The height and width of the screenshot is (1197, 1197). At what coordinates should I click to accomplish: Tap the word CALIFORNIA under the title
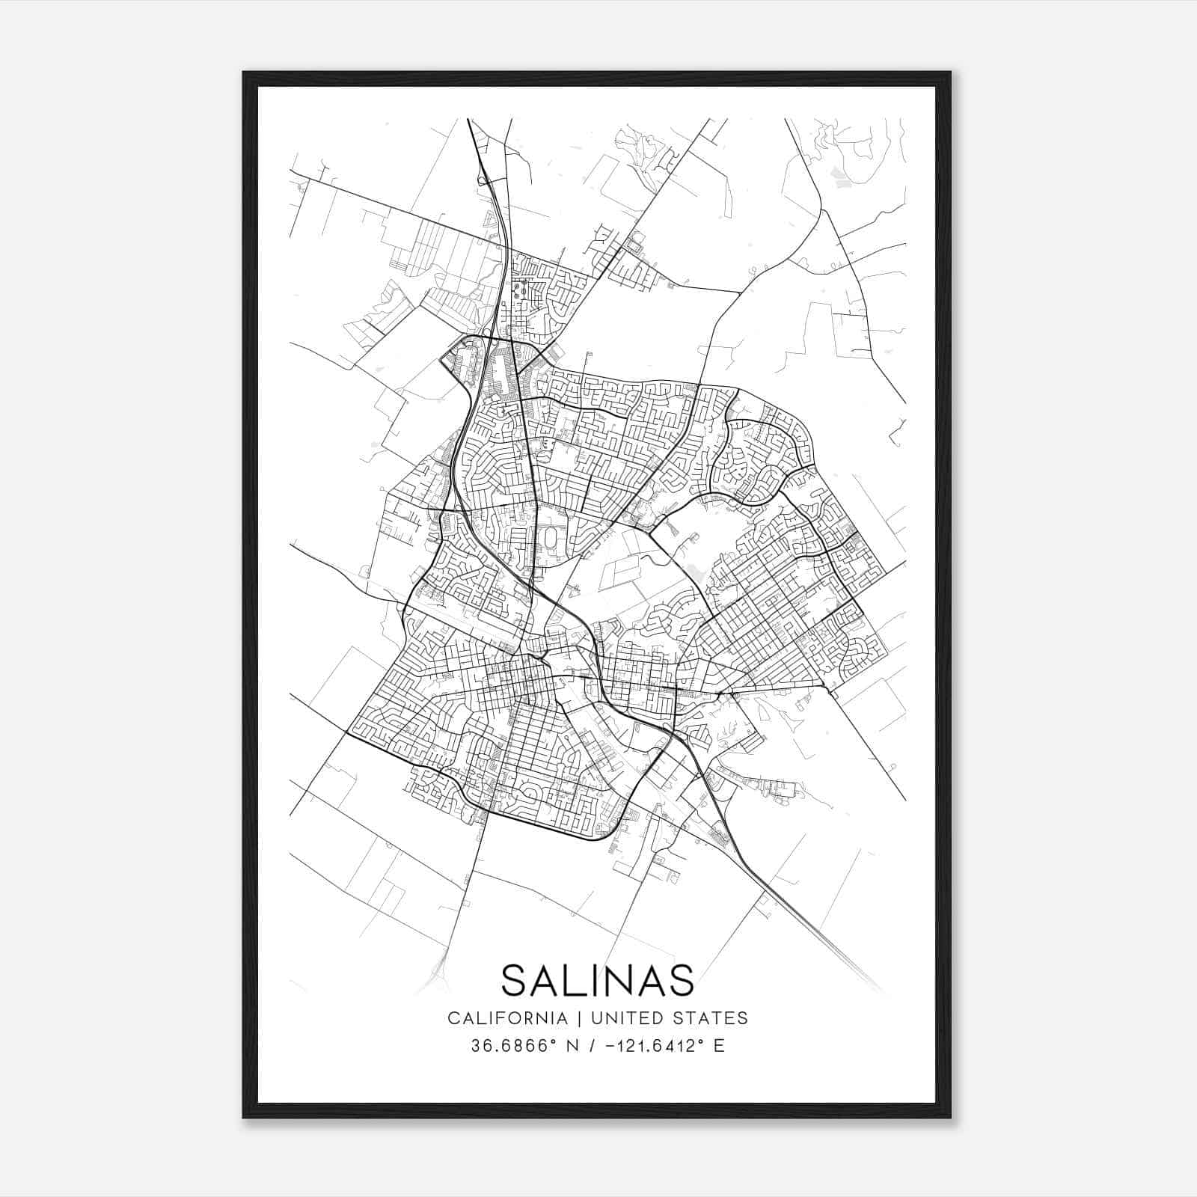click(506, 1017)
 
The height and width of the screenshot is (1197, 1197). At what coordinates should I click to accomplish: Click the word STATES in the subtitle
click(712, 1017)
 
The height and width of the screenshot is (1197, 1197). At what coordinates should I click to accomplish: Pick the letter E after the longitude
click(719, 1045)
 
